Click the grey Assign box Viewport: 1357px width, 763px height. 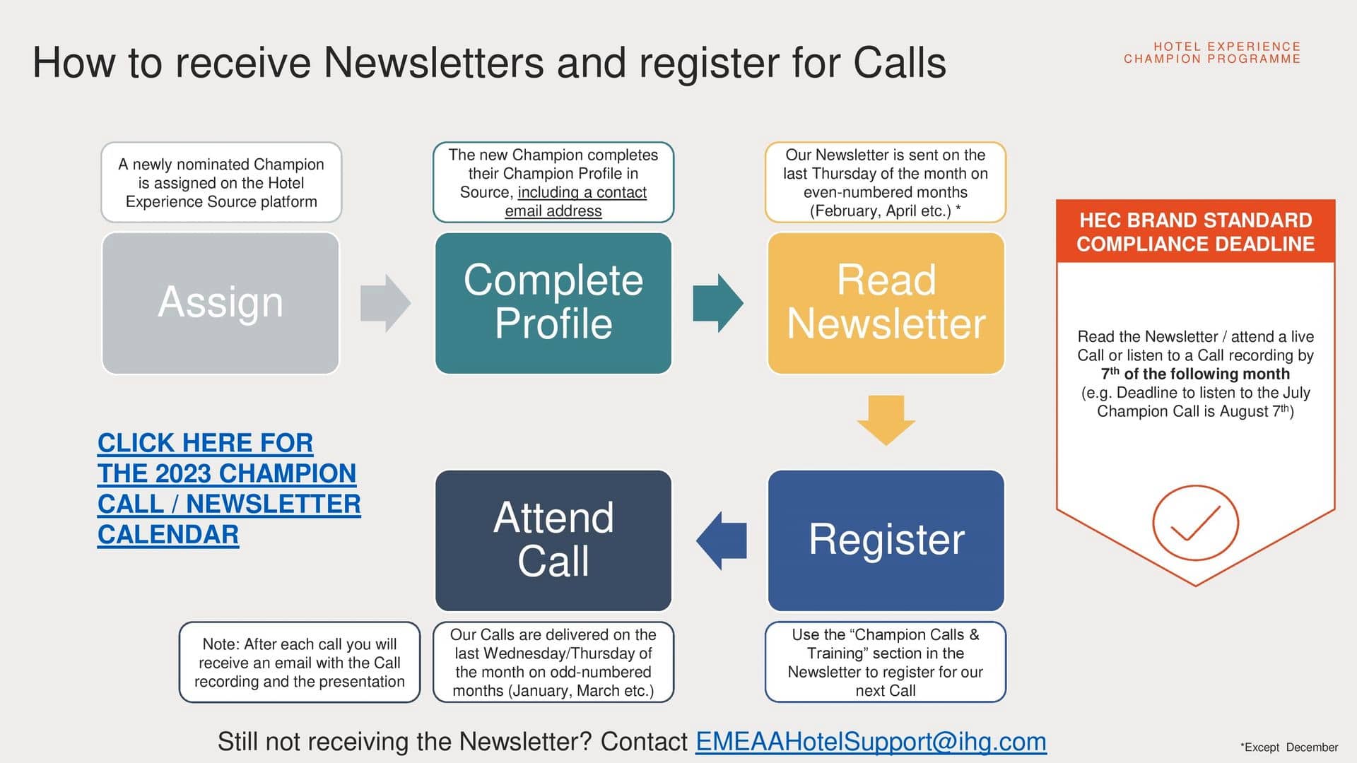221,303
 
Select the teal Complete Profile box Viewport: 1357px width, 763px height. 553,303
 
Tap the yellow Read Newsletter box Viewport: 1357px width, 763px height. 886,303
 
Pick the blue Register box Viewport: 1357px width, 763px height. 886,540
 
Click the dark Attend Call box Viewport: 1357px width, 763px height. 553,540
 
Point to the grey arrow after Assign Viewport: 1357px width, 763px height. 384,303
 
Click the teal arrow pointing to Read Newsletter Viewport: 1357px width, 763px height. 717,303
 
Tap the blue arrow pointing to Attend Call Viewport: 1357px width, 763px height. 722,540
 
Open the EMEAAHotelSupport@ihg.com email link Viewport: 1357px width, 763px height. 871,742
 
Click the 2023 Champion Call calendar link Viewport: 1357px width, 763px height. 228,488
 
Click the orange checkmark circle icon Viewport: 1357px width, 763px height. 1195,523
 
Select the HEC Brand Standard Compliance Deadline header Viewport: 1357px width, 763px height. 1195,232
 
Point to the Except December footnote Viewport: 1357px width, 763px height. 1289,747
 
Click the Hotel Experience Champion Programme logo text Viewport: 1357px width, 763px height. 1212,53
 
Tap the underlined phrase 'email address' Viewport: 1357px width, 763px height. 553,211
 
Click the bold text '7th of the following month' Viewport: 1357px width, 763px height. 1195,374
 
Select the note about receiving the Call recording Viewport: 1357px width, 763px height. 300,663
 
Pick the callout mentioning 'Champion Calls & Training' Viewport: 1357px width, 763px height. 886,663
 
